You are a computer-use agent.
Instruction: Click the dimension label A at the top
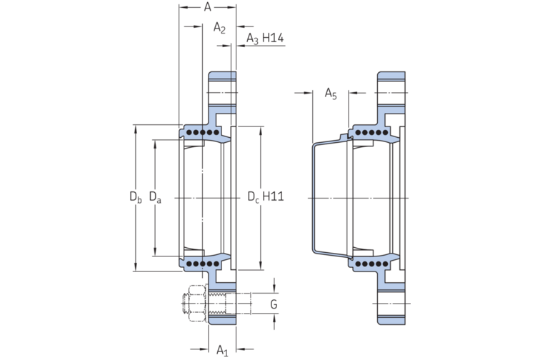207,7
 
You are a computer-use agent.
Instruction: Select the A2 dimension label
220,28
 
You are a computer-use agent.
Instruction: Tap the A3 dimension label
252,38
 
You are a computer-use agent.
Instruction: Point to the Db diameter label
135,196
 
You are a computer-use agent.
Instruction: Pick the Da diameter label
154,196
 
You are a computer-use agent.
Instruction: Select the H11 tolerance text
274,196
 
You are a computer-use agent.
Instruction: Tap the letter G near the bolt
274,305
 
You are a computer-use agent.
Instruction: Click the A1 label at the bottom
222,349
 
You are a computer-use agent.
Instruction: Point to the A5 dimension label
331,93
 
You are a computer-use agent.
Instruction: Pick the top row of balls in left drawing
201,134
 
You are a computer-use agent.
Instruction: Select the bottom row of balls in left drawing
201,264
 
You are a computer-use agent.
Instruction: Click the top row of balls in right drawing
371,134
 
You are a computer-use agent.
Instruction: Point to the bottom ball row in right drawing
371,264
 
